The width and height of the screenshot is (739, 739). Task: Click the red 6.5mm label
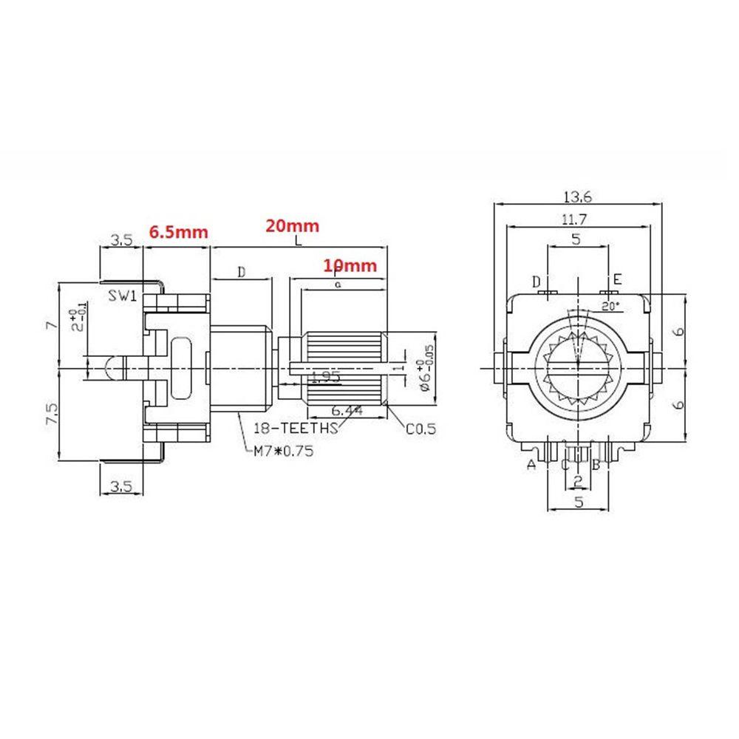click(x=178, y=231)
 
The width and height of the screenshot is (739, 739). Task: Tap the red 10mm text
click(x=350, y=265)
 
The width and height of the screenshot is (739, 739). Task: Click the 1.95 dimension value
click(x=325, y=377)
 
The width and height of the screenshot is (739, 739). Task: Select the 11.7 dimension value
click(x=578, y=219)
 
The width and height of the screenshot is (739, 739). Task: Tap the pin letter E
click(x=617, y=279)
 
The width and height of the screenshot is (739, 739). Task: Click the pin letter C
click(x=565, y=465)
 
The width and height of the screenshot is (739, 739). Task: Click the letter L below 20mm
click(x=297, y=242)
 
